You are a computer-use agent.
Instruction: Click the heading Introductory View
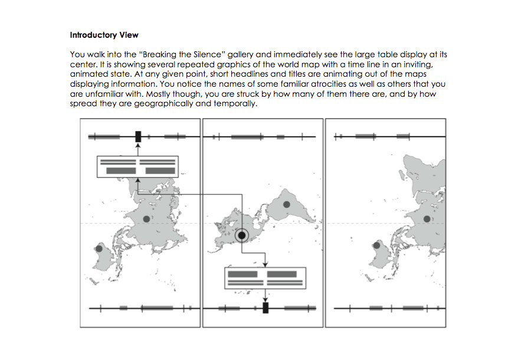point(104,35)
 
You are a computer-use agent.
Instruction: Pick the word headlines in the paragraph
point(251,74)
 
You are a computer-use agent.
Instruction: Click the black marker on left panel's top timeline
point(138,137)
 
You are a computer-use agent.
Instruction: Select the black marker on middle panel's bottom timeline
point(265,307)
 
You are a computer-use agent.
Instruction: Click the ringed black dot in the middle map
point(242,236)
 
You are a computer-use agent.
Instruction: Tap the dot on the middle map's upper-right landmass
point(286,204)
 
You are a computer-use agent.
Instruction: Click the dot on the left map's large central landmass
point(147,218)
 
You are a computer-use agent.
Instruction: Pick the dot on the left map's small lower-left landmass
point(99,249)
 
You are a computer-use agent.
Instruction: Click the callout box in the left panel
point(137,167)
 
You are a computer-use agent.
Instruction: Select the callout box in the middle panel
point(265,278)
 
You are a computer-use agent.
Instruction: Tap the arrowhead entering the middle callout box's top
point(265,265)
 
